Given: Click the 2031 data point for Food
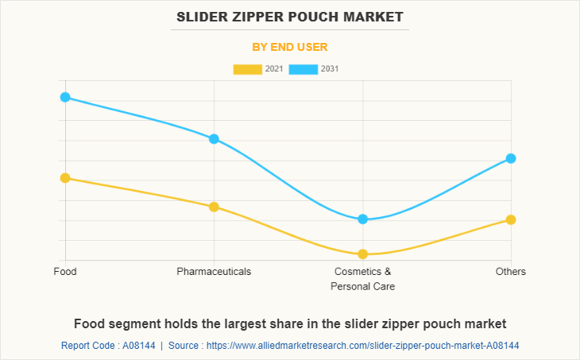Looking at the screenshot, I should [65, 97].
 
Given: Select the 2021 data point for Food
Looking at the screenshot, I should [65, 178].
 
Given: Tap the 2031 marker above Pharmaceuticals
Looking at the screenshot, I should [214, 139].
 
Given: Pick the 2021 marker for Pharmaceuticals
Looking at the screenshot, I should [214, 207].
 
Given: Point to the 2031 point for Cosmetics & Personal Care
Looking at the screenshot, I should [362, 219].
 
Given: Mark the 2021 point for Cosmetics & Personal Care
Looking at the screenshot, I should [362, 254].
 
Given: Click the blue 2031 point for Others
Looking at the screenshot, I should [511, 158].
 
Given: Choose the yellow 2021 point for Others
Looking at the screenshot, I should [511, 219].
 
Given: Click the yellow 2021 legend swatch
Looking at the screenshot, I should [247, 69].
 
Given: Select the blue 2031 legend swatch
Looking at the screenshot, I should [304, 69].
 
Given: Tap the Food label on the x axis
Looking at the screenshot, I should [65, 272].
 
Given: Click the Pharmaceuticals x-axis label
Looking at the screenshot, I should [214, 272].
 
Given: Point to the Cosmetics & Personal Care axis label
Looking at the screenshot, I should [362, 279].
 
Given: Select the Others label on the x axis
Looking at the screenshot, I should [511, 272].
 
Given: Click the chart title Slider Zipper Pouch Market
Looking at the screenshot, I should [290, 17].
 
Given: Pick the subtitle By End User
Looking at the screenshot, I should [290, 47].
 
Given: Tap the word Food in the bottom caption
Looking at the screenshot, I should [90, 324].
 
